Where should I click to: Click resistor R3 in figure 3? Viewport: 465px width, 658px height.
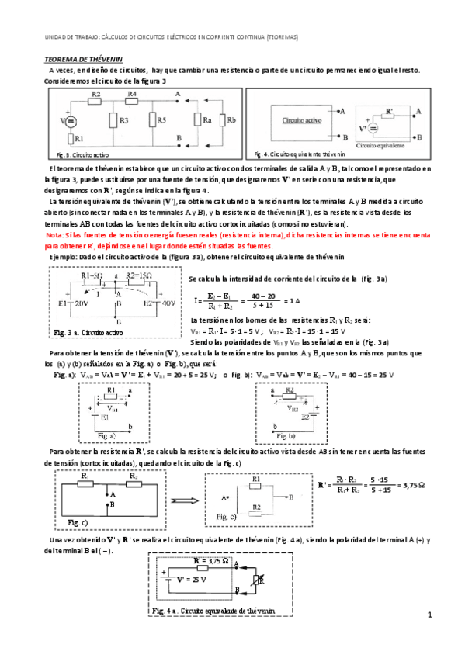(113, 120)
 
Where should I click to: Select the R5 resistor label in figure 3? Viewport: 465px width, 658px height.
(161, 120)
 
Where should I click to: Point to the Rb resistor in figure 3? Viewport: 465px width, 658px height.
(224, 120)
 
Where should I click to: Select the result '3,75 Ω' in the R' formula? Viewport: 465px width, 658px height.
(441, 486)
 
